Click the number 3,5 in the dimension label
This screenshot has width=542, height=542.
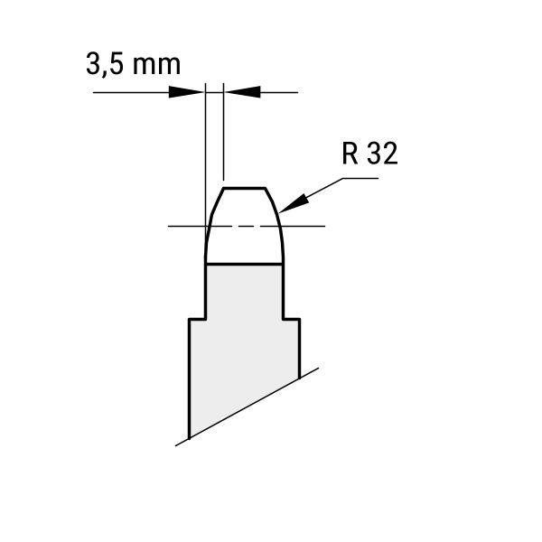[x=105, y=65]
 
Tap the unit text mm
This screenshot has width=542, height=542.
[x=156, y=65]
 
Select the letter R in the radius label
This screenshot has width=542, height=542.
[x=350, y=154]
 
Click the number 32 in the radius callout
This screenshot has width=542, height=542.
[x=382, y=154]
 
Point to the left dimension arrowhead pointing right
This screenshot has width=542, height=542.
[x=185, y=92]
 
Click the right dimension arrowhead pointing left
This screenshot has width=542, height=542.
[x=242, y=92]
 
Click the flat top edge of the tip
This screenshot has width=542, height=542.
[x=244, y=189]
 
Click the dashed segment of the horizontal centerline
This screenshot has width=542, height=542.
[x=246, y=226]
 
